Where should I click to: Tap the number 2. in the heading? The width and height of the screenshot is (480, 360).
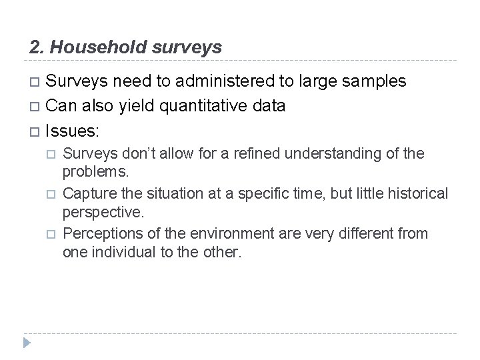(37, 47)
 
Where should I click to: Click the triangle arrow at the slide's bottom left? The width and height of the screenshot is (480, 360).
(27, 342)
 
